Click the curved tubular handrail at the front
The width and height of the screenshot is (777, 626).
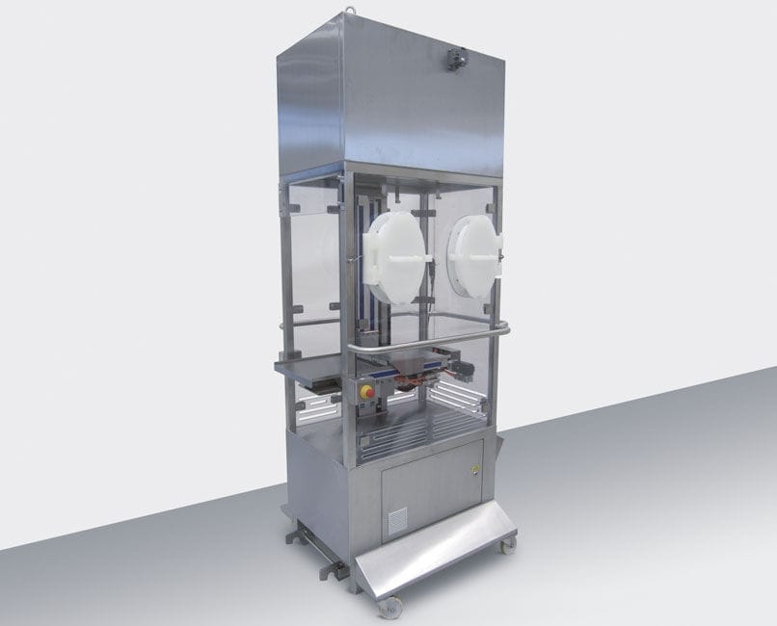pyautogui.click(x=424, y=338)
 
